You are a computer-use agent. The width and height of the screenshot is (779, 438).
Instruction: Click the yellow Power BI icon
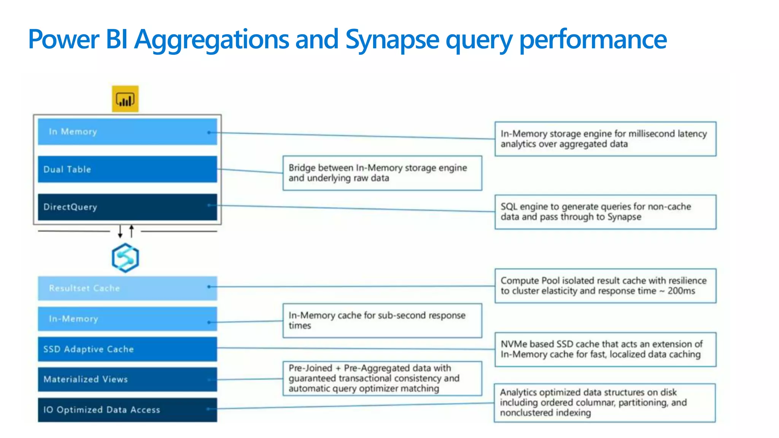[x=125, y=99]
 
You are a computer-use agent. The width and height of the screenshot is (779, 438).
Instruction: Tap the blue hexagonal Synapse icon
[x=125, y=258]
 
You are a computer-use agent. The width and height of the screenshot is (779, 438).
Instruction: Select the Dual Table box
[x=127, y=169]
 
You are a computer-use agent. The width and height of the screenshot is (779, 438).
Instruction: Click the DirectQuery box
[x=127, y=207]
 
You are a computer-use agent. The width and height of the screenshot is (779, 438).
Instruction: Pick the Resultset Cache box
[x=127, y=288]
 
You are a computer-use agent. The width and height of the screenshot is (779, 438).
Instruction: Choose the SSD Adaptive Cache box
[x=127, y=349]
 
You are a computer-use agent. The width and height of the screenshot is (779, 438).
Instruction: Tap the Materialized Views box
[x=127, y=379]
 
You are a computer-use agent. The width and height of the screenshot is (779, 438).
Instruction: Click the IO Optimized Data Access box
[x=127, y=409]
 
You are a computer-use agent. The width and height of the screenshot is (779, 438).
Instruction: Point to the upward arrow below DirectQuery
[x=132, y=230]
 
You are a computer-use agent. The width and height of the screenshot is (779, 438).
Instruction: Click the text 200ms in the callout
[x=681, y=291]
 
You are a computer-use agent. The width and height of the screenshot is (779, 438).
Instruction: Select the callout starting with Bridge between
[x=382, y=173]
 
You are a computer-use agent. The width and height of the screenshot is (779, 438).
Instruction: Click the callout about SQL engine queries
[x=605, y=212]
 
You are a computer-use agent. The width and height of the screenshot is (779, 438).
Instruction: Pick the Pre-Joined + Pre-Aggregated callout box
[x=382, y=378]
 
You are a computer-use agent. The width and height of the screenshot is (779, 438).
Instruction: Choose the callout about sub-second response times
[x=382, y=320]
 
